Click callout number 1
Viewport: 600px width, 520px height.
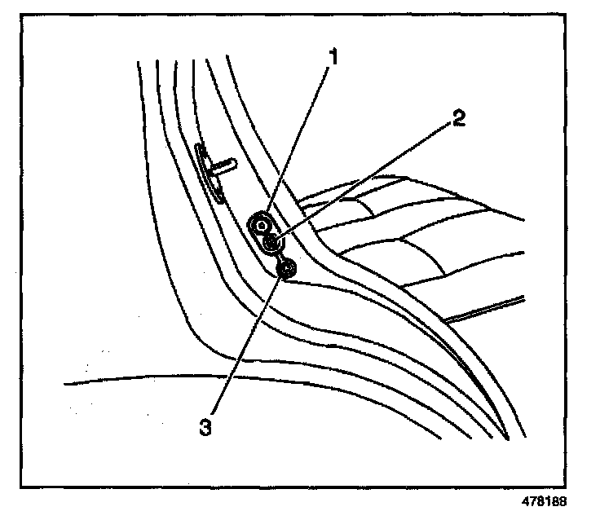point(333,58)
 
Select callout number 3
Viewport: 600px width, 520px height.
point(206,425)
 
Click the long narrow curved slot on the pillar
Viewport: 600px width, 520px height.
point(210,176)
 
